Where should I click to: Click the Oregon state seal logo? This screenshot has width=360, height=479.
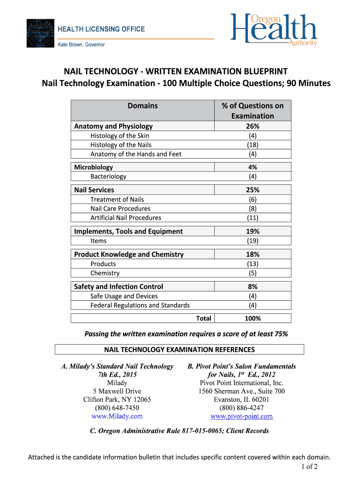tap(40, 33)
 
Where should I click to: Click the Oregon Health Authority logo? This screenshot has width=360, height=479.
tap(274, 30)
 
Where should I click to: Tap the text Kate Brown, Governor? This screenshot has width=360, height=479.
tap(81, 45)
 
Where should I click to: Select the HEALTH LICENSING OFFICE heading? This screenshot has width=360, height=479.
tap(101, 29)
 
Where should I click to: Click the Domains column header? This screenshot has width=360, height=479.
tap(143, 106)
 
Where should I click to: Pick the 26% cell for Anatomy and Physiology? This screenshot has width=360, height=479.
tap(252, 126)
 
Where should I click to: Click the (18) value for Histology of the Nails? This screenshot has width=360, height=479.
tap(252, 145)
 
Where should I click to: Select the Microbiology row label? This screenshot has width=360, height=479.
tap(94, 167)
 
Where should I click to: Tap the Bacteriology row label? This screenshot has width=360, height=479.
tap(108, 176)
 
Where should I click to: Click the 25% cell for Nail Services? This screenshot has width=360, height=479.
tap(252, 190)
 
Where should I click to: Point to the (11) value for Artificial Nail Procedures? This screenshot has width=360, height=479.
tap(252, 218)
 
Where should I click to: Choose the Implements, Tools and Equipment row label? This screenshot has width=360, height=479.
tap(129, 231)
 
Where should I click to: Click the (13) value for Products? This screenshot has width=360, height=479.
tap(252, 264)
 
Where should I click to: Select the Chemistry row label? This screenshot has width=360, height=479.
tap(105, 273)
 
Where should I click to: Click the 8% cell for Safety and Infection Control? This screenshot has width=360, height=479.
tap(252, 287)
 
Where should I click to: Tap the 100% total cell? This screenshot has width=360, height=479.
tap(252, 319)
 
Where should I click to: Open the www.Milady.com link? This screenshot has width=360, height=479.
tap(117, 416)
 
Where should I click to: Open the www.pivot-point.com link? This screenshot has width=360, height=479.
tap(241, 416)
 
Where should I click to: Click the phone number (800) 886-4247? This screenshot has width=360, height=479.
tap(241, 408)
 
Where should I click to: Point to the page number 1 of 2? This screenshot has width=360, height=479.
tap(310, 466)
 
